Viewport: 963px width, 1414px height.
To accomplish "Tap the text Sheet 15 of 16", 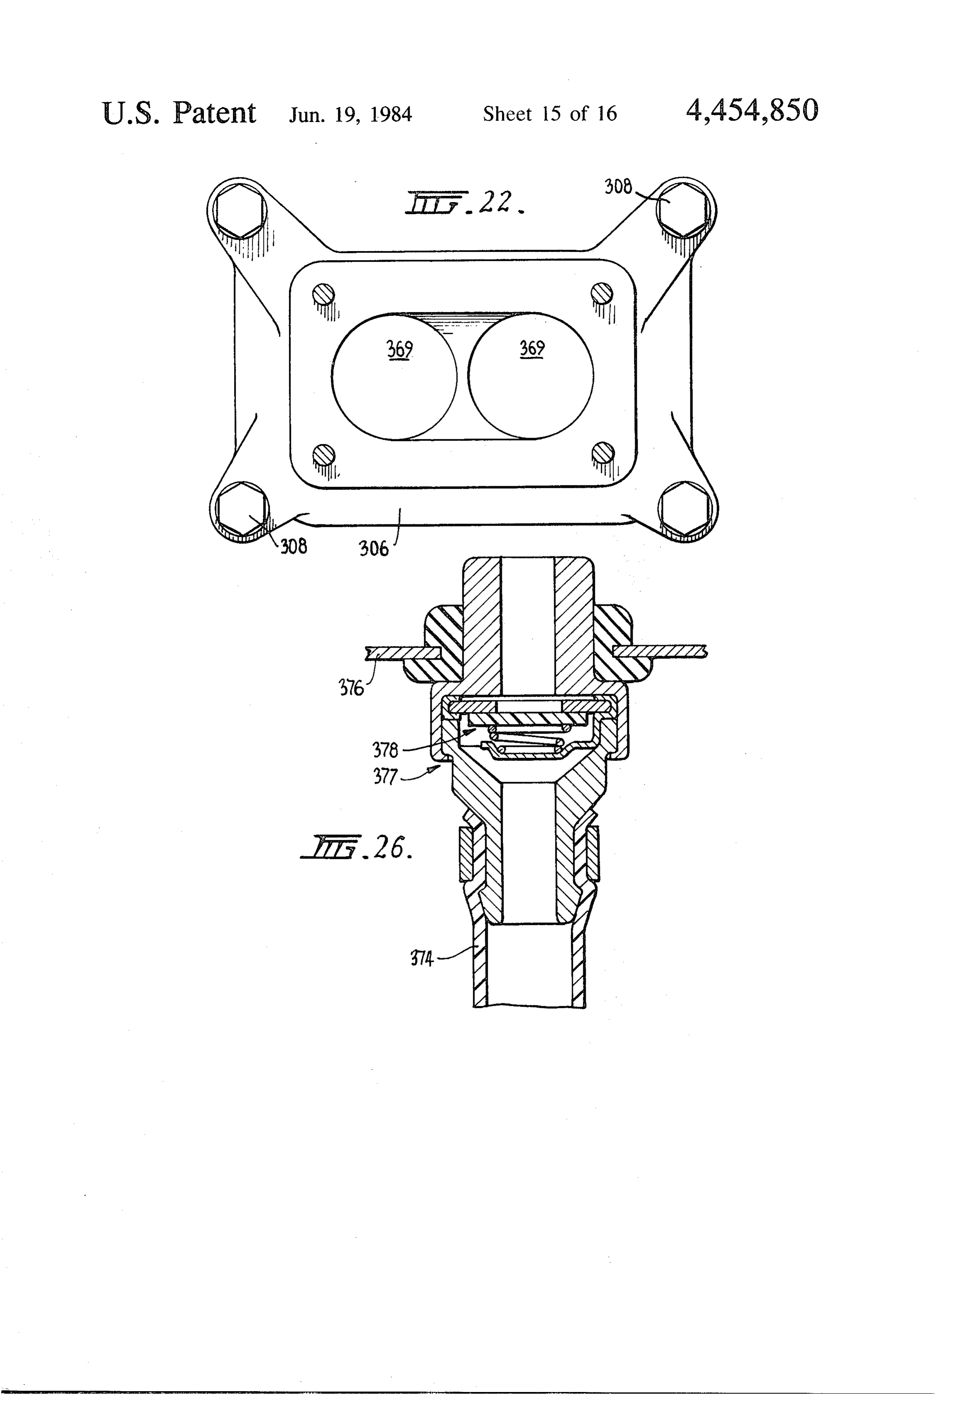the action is pos(550,114).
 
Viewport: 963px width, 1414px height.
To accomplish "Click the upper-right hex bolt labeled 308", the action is pos(681,209).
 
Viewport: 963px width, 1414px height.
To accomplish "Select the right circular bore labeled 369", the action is pos(531,376).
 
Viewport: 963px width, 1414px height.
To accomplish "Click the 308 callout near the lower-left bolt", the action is pos(293,546).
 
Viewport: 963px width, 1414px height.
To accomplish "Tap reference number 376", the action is pos(351,688).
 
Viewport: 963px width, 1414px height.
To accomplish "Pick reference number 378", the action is pos(385,750).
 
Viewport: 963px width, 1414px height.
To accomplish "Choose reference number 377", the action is pos(385,778).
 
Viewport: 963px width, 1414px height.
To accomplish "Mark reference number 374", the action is pos(422,960).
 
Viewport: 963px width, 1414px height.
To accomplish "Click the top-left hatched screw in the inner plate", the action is pos(323,295).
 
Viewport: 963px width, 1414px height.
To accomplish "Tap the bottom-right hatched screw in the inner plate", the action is pos(603,452).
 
